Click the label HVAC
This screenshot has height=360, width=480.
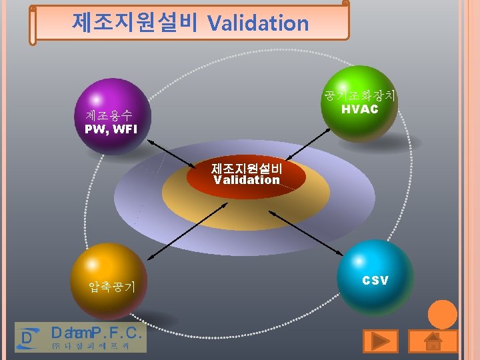pyautogui.click(x=359, y=109)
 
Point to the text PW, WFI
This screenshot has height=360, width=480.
pyautogui.click(x=111, y=129)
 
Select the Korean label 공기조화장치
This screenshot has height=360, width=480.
pyautogui.click(x=360, y=95)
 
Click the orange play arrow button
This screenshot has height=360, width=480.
pyautogui.click(x=381, y=341)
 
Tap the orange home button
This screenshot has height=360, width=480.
pyautogui.click(x=433, y=341)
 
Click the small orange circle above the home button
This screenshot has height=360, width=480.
pyautogui.click(x=442, y=315)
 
